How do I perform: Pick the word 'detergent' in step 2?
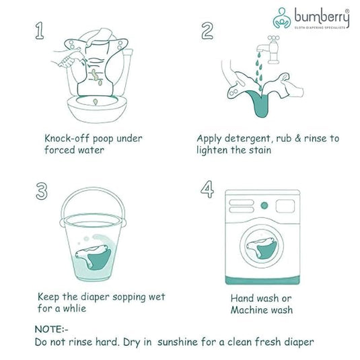(x=252, y=139)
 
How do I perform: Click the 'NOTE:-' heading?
(x=51, y=330)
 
